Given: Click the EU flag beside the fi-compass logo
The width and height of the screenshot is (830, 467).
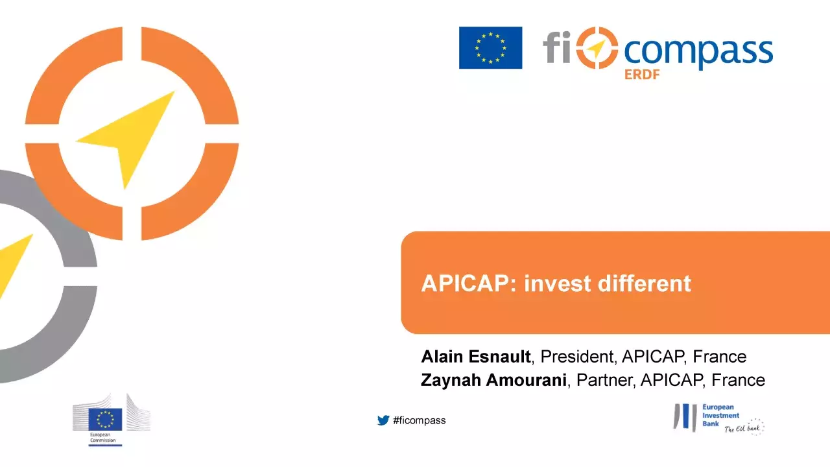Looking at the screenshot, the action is click(491, 48).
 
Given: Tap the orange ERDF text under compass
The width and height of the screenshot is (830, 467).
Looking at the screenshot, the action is click(642, 75).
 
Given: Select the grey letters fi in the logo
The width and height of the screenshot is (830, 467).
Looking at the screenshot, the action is click(556, 47).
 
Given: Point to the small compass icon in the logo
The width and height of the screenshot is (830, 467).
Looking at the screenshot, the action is click(597, 48).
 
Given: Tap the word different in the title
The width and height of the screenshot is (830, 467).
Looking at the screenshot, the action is click(645, 283).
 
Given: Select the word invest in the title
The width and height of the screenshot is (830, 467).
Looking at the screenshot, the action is click(557, 283).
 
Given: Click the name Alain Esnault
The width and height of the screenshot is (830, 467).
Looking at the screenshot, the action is click(476, 357).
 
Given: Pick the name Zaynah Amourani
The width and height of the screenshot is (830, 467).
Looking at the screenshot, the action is click(493, 380).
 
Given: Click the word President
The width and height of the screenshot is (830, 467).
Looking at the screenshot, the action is click(576, 357).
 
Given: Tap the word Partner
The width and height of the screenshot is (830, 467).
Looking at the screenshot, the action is click(604, 380).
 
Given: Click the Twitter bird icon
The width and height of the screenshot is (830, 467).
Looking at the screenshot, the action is click(383, 420).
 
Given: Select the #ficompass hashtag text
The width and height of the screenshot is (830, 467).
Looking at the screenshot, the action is click(419, 420).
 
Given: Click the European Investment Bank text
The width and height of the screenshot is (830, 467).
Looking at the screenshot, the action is click(720, 416).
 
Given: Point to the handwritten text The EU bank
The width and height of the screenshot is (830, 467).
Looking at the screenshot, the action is click(742, 429).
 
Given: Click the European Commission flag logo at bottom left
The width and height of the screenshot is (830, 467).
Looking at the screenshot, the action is click(105, 419).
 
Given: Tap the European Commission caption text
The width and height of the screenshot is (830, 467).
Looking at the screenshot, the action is click(102, 437).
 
